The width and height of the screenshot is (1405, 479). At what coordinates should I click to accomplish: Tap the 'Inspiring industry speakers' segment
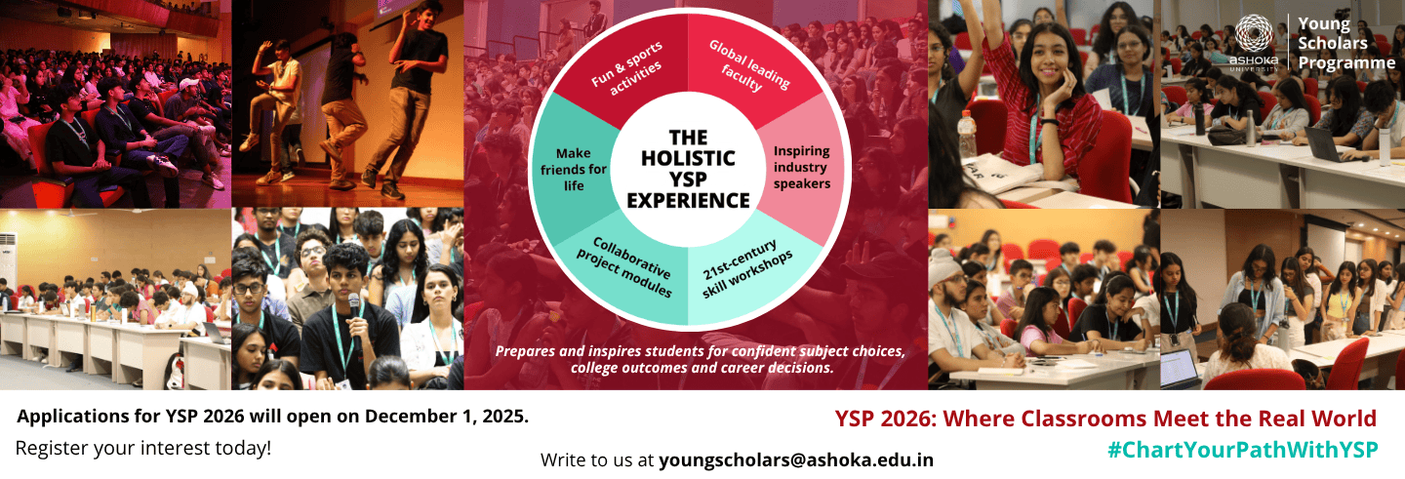click(x=801, y=168)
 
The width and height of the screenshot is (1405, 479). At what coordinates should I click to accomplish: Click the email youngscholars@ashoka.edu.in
click(x=796, y=459)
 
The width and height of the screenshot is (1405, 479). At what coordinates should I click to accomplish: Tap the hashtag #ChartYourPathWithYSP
click(x=1241, y=450)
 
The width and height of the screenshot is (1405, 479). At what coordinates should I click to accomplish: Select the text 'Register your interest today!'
click(x=143, y=449)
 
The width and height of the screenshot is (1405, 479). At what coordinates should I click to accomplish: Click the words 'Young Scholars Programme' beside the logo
click(x=1345, y=43)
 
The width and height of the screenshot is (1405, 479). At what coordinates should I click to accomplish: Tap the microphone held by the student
click(x=354, y=307)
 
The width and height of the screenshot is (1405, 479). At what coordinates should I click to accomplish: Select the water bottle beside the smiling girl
click(x=967, y=135)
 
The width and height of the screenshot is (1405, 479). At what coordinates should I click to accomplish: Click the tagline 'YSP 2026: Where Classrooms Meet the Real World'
click(x=1105, y=419)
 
